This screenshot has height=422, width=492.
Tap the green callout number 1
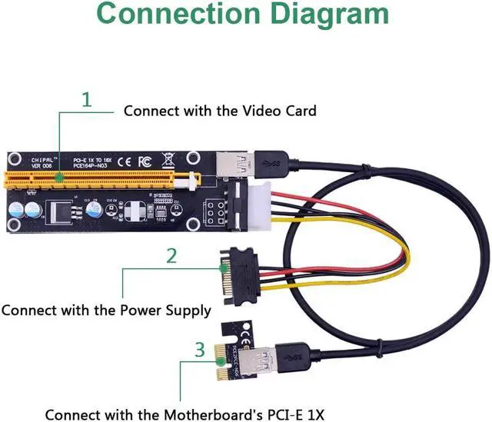tap(86, 100)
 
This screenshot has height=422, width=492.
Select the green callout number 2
tap(171, 256)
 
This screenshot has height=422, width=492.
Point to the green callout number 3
tap(200, 351)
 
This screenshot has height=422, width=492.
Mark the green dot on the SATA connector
tap(222, 268)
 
